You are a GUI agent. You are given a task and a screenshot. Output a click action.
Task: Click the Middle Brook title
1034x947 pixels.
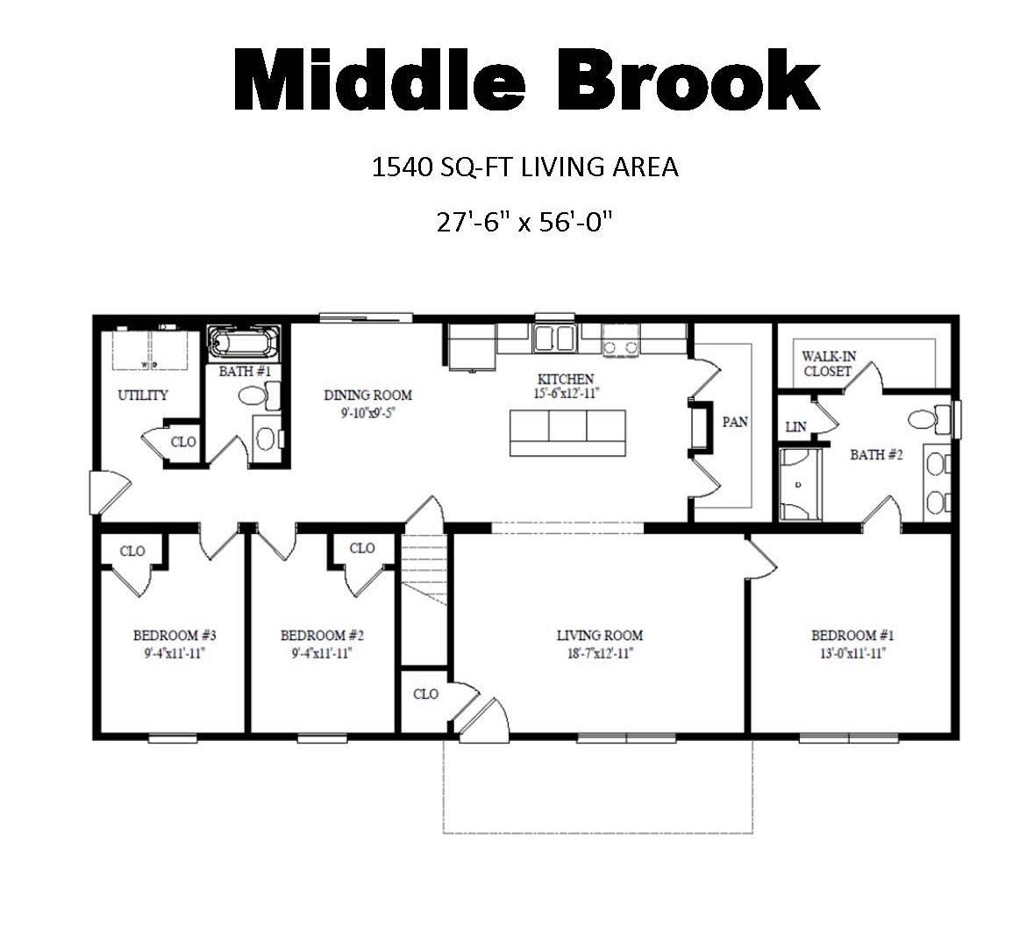coord(525,81)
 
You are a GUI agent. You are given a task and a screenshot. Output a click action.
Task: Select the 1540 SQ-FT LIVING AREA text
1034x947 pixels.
coord(525,167)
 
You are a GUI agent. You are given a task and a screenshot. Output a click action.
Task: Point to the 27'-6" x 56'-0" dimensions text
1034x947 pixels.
coord(524,221)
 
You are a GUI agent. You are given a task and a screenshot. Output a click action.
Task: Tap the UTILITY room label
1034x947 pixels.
coord(143,395)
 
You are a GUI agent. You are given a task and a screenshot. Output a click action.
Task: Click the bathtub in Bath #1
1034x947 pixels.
coord(244,343)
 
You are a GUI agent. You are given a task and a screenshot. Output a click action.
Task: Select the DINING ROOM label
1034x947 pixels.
coord(367,395)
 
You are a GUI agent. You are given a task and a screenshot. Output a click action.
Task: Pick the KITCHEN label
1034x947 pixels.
coord(566,379)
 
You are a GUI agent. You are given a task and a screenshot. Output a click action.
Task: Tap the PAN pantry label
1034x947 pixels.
coord(735,422)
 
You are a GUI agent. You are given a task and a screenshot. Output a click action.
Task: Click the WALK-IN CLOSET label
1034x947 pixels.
coord(828,364)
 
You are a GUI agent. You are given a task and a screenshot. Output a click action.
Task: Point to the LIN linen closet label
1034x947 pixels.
coord(795,427)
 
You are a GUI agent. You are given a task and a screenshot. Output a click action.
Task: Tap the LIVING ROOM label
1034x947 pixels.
coord(600,636)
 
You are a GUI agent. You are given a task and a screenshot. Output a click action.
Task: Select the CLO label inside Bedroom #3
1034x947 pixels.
coord(132,552)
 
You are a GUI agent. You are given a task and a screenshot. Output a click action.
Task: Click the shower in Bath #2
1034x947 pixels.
coord(799,484)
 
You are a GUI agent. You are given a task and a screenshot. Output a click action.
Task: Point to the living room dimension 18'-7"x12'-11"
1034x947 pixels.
coord(600,653)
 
